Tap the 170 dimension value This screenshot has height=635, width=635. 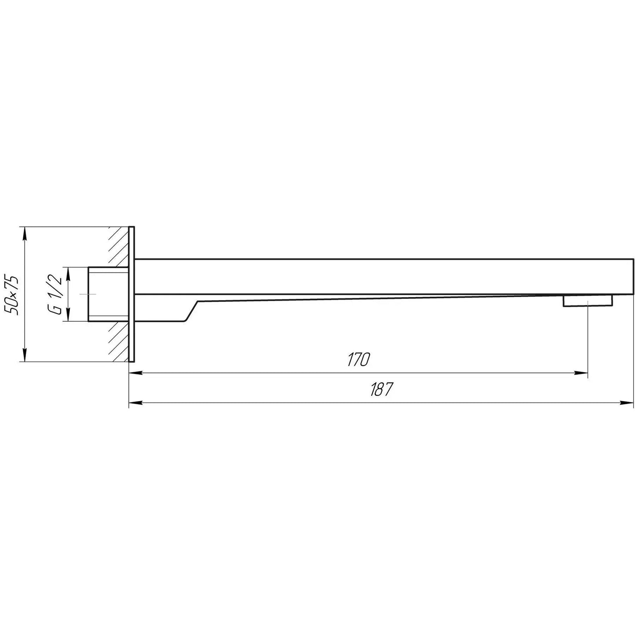click(358, 359)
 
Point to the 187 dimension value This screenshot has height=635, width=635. click(381, 389)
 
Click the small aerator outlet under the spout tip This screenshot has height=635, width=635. click(588, 301)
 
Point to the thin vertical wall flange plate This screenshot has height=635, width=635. click(131, 294)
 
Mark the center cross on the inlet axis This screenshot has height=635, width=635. click(88, 294)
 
